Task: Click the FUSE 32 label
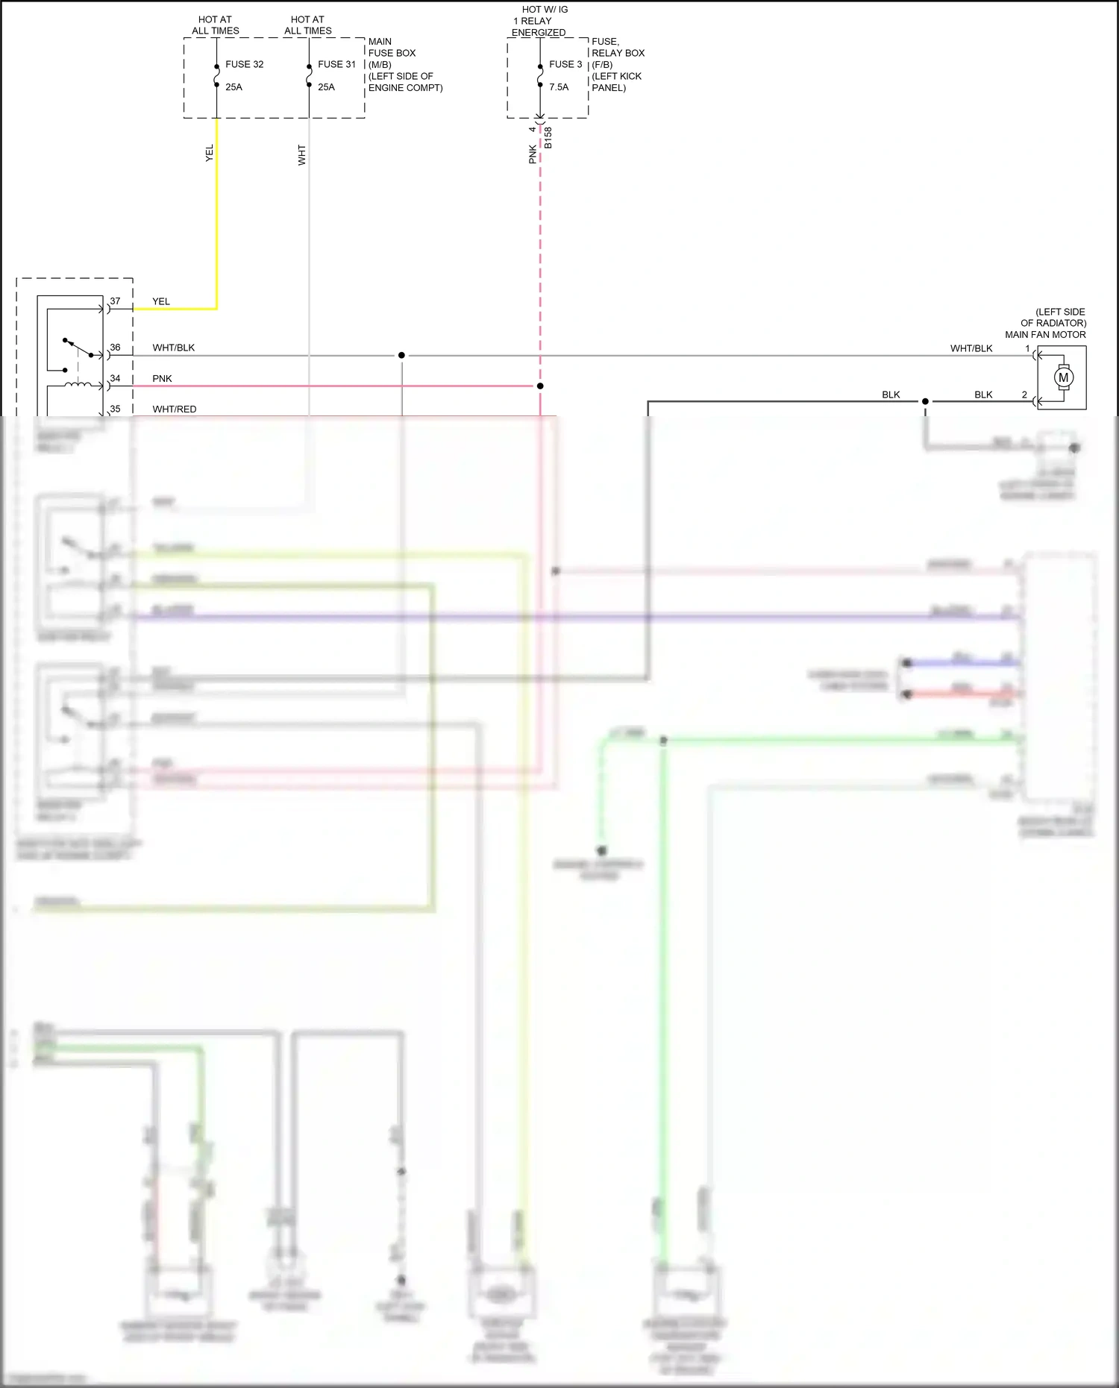pyautogui.click(x=244, y=64)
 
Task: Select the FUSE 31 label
pyautogui.click(x=336, y=64)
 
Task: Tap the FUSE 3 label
pyautogui.click(x=565, y=64)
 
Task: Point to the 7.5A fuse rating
pyautogui.click(x=559, y=87)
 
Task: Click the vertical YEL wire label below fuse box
pyautogui.click(x=210, y=153)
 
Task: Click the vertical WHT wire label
pyautogui.click(x=302, y=155)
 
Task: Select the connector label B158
pyautogui.click(x=548, y=138)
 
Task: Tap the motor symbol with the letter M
pyautogui.click(x=1063, y=377)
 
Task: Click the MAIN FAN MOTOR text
pyautogui.click(x=1045, y=335)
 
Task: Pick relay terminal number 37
pyautogui.click(x=115, y=301)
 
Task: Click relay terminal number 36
pyautogui.click(x=115, y=348)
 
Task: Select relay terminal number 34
pyautogui.click(x=115, y=378)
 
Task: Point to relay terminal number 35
pyautogui.click(x=115, y=409)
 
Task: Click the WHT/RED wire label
pyautogui.click(x=175, y=409)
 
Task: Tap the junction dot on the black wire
pyautogui.click(x=925, y=401)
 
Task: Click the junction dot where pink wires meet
pyautogui.click(x=540, y=386)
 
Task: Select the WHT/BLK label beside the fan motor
pyautogui.click(x=971, y=348)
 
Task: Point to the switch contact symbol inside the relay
pyautogui.click(x=78, y=348)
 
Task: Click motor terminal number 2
pyautogui.click(x=1024, y=395)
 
